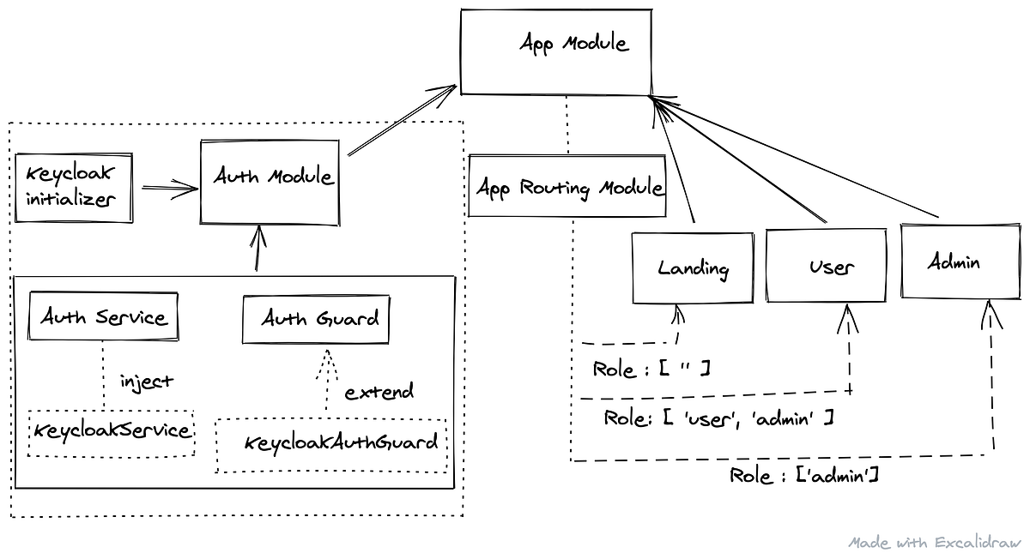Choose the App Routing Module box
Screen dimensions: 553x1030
[567, 186]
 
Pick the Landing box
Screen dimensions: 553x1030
[692, 267]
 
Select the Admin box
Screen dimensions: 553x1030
[953, 261]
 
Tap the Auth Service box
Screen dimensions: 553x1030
[103, 316]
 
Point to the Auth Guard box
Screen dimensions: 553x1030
[315, 320]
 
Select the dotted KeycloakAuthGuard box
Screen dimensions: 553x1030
[331, 444]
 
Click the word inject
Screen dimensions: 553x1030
[146, 381]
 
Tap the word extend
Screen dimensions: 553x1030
[379, 392]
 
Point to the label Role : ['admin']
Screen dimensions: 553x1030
[803, 475]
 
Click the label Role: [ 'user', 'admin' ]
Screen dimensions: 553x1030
[718, 418]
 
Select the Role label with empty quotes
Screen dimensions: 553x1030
[651, 369]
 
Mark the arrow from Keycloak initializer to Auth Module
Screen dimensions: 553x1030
[169, 189]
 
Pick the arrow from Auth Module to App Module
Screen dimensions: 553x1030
[402, 120]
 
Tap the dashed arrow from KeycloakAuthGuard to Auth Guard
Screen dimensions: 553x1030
[324, 382]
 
